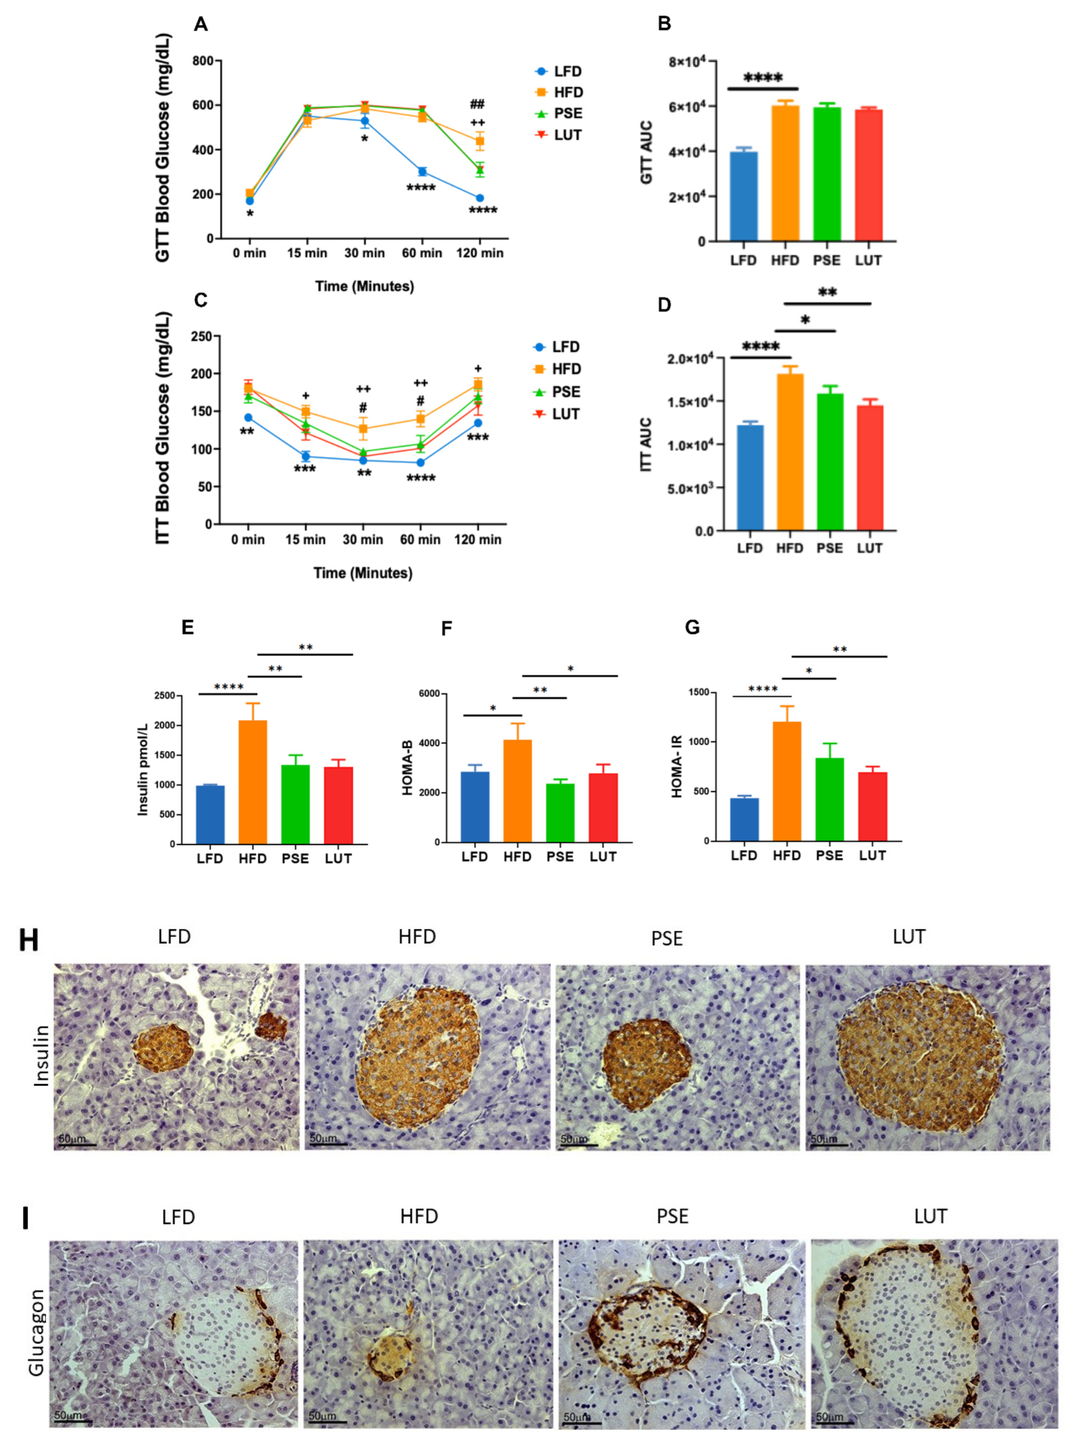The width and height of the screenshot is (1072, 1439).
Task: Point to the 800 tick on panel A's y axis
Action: [203, 61]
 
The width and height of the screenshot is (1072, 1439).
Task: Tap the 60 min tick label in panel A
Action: [422, 253]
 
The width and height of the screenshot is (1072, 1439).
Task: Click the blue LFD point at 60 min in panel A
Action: [422, 171]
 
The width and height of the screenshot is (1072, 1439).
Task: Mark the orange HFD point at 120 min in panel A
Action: [479, 141]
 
